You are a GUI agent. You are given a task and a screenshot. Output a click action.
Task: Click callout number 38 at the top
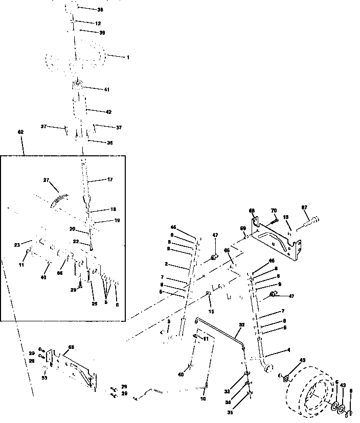[x=100, y=10]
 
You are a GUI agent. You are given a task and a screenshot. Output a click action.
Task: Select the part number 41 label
[x=106, y=89]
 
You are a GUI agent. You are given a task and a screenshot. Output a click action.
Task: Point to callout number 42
[x=108, y=111]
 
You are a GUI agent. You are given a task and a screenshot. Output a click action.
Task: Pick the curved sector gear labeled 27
[x=60, y=199]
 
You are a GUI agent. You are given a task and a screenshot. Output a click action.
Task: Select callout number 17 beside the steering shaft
[x=109, y=179]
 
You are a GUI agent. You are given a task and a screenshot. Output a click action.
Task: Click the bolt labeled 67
[x=310, y=221]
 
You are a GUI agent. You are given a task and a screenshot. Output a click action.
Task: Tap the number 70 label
[x=273, y=210]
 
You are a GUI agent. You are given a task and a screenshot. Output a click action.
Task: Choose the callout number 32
[x=242, y=324]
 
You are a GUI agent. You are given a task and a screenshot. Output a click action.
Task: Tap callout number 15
[x=211, y=311]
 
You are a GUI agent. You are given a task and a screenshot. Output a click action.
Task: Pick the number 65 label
[x=227, y=250]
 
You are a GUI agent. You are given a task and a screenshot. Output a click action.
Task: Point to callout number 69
[x=243, y=228]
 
